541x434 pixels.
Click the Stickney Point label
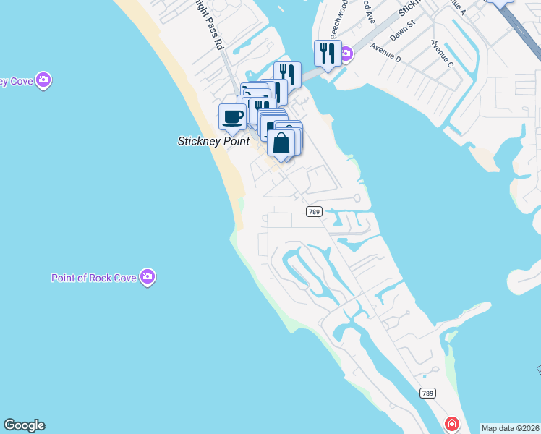tap(213, 142)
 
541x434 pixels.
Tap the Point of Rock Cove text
tap(94, 278)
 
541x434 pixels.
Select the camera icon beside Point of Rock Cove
tap(148, 276)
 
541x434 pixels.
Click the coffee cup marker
tap(232, 116)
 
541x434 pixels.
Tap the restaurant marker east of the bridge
tap(327, 53)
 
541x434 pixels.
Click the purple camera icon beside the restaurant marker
tap(346, 54)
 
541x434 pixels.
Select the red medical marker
tap(452, 423)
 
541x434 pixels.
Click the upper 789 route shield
tap(313, 211)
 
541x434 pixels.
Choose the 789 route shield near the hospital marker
tap(427, 392)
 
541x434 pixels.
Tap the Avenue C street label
tap(442, 55)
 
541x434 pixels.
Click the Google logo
tap(24, 425)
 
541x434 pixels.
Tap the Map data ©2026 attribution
tap(510, 428)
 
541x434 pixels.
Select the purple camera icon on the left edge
tap(43, 80)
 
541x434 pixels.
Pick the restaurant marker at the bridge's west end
tap(287, 74)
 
